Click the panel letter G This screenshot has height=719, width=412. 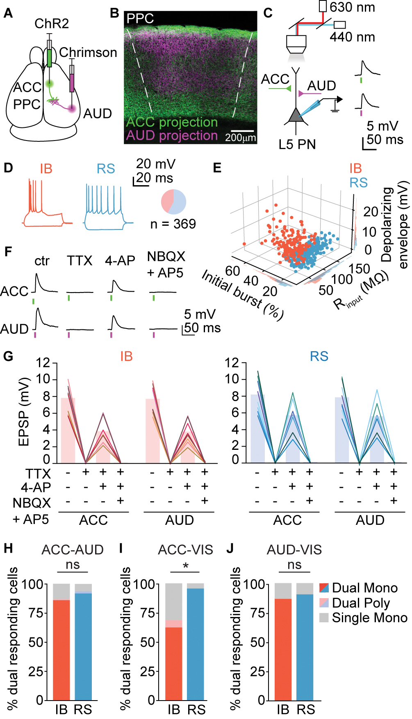point(8,356)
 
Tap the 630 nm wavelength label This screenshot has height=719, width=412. point(352,7)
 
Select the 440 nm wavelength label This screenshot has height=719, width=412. point(352,37)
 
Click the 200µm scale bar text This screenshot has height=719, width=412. point(240,138)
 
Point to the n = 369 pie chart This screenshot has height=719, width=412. point(173,202)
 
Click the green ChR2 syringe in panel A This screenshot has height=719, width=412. point(50,57)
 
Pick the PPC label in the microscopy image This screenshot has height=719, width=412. point(140,18)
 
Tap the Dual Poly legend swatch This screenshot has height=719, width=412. point(324,603)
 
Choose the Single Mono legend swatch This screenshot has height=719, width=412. point(324,617)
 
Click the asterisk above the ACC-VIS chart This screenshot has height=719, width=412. point(186,566)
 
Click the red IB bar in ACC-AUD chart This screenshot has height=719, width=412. point(61,650)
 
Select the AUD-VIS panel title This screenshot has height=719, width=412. point(294,549)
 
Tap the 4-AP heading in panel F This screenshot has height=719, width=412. point(120,261)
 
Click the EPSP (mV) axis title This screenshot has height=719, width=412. point(24,412)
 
